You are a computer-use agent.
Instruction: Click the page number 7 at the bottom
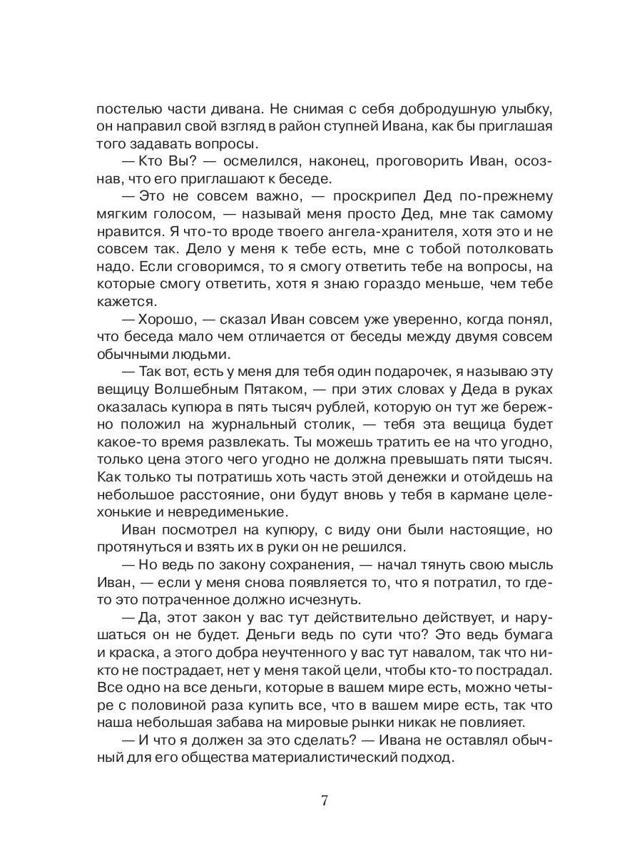click(325, 800)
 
